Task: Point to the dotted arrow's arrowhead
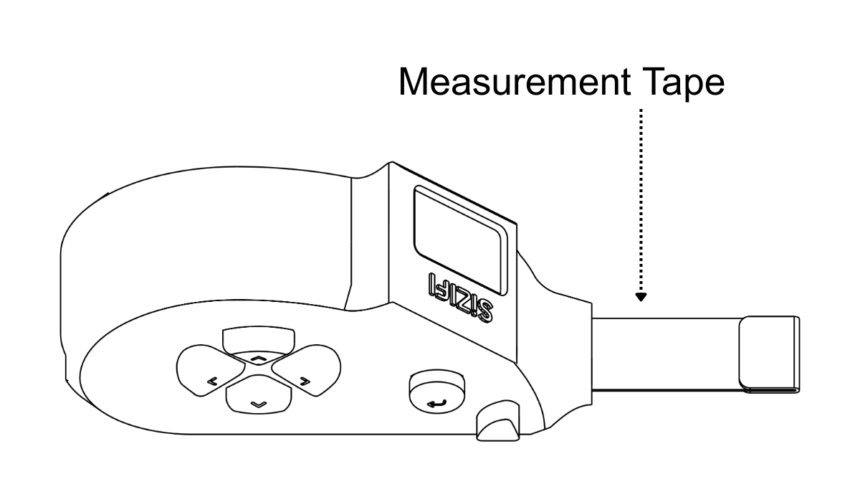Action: coord(641,296)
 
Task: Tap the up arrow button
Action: coord(259,343)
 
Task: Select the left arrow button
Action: coord(209,371)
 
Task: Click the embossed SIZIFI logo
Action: coord(459,295)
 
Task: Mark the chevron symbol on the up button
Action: coord(259,356)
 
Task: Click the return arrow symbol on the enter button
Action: coord(435,404)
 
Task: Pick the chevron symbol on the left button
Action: coord(212,381)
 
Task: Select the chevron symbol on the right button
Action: coord(305,381)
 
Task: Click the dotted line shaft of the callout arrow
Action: coord(641,201)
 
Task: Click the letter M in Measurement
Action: coord(415,83)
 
